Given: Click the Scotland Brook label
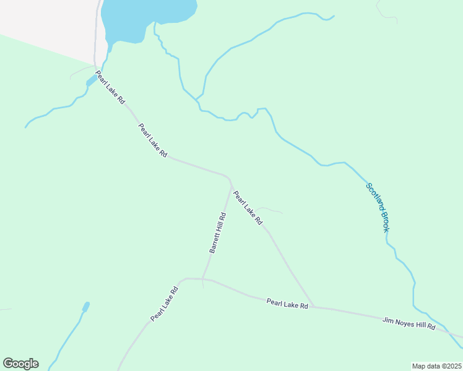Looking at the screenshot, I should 377,207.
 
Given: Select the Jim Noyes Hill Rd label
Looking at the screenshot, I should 409,323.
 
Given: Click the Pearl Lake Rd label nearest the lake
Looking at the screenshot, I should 111,87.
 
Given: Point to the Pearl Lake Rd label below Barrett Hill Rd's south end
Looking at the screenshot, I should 164,302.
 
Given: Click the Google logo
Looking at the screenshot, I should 20,364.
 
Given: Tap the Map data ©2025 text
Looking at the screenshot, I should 436,366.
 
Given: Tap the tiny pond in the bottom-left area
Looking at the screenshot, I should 85,307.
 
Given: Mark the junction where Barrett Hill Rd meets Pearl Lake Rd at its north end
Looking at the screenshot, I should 231,184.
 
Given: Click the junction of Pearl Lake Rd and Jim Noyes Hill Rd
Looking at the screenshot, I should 313,307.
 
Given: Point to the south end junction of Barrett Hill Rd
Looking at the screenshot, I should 202,279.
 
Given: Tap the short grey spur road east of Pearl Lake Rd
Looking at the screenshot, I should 271,210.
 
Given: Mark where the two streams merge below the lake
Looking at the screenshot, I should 197,99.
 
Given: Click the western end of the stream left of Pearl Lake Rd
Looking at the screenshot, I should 26,127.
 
